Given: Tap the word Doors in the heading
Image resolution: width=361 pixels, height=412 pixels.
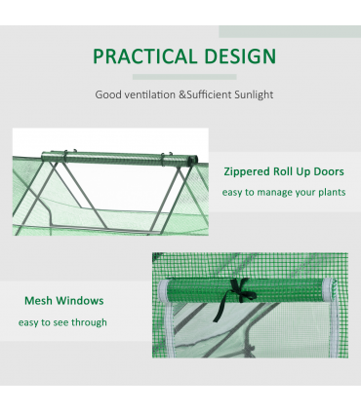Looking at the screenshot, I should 328,169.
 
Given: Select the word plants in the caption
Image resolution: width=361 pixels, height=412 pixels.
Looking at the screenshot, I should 328,192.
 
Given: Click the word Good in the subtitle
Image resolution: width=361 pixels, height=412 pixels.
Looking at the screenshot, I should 107,95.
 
